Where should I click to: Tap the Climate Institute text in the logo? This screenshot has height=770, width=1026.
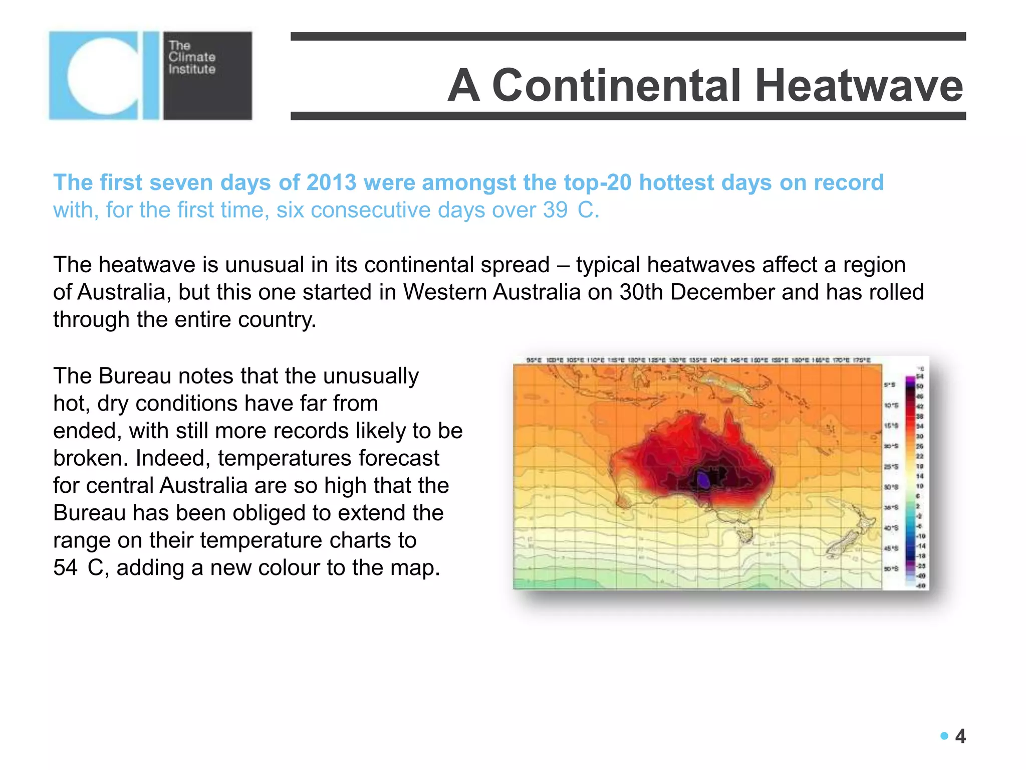point(192,57)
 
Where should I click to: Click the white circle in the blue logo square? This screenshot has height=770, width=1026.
point(103,75)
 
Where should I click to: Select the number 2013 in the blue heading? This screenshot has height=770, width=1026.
point(331,182)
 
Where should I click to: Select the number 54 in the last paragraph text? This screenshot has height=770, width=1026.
point(66,567)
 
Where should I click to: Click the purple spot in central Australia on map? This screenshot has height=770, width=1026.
point(704,480)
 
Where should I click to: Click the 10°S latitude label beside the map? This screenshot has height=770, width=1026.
point(891,405)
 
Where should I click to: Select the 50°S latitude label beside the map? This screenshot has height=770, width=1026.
point(891,569)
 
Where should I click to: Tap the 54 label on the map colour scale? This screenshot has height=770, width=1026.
point(920,376)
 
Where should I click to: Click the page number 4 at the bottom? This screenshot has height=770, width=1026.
point(960,736)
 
